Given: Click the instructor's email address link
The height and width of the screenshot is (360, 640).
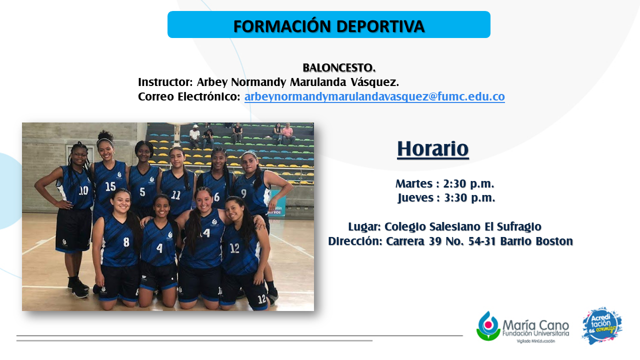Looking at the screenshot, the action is (x=374, y=96).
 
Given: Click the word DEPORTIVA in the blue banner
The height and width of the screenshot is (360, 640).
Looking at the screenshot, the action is (x=380, y=26).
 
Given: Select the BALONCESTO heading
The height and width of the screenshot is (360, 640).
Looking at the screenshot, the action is (x=339, y=67).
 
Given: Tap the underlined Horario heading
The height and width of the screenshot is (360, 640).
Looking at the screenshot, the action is (x=433, y=148).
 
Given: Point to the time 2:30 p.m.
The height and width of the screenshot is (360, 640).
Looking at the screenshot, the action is (x=468, y=183).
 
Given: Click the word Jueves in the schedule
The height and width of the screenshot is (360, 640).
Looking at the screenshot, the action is (x=415, y=197).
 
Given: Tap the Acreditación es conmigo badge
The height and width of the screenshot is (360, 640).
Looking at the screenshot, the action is (x=602, y=325).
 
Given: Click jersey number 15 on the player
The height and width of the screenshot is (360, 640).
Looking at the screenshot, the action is (x=110, y=186).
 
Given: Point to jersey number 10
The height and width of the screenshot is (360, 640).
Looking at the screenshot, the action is (x=83, y=190).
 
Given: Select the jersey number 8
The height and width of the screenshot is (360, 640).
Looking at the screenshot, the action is (x=126, y=242).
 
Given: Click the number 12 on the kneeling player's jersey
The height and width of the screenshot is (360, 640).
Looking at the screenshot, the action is (x=234, y=248).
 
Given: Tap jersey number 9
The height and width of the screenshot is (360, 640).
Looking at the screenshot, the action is (x=243, y=193).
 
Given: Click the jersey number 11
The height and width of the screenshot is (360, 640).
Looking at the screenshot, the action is (x=175, y=195).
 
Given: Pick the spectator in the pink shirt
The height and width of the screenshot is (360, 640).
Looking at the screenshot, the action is (x=288, y=133).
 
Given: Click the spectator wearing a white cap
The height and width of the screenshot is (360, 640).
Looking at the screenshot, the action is (x=195, y=135).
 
